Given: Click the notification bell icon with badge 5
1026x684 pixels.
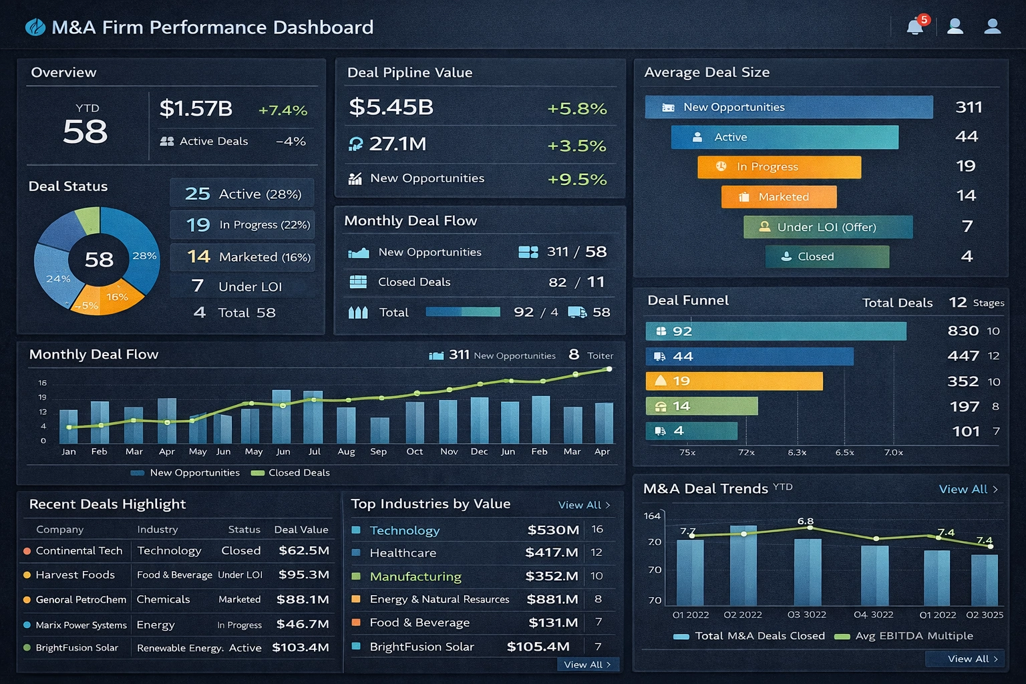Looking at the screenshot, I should coord(915,27).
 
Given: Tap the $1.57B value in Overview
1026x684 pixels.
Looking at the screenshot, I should coord(196,108).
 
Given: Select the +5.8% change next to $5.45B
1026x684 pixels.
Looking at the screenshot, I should coord(576,108).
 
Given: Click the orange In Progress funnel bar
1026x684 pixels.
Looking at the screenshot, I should coord(779,167).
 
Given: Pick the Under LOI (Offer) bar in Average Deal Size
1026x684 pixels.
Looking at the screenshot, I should coord(828,227).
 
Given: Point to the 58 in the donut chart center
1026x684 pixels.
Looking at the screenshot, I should coord(99,259).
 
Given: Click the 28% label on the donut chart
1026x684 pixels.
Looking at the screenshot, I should coord(144,256).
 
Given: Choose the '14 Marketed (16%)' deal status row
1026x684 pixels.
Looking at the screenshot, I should coord(242,257).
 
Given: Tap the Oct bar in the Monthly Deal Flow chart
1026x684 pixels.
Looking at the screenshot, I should coord(415,422).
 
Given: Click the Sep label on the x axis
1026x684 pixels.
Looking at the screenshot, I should coord(378,452).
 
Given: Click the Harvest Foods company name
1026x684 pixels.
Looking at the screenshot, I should coord(75,575).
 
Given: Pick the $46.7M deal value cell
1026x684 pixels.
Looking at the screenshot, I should coord(303,624).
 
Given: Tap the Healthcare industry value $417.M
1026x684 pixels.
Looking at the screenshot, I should coord(551,553).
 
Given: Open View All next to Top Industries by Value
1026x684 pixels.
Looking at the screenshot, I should coord(584,505).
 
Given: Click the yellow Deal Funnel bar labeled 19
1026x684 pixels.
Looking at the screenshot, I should coord(733,381).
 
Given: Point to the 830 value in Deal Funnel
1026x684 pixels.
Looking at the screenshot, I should coord(963,331).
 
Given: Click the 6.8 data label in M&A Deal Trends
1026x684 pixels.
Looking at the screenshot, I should coord(805,521).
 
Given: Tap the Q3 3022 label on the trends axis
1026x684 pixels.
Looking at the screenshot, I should coord(806,615).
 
